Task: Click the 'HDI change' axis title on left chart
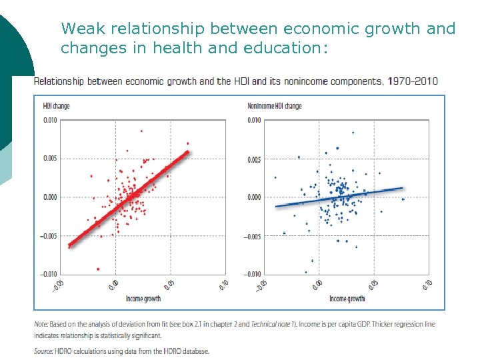(x=56, y=106)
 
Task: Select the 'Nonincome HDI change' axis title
(x=275, y=106)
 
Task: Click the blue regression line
(x=340, y=197)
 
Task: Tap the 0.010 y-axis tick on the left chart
(x=50, y=120)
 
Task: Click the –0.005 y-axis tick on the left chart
(x=49, y=236)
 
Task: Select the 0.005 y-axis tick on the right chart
(x=254, y=159)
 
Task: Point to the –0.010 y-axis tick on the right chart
(x=253, y=274)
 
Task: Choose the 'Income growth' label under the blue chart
(x=347, y=299)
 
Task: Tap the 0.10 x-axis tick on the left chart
(x=223, y=285)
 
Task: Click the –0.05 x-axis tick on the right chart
(x=261, y=286)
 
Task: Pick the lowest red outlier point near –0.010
(x=99, y=269)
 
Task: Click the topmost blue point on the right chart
(x=353, y=132)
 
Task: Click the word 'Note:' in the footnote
(x=41, y=325)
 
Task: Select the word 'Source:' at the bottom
(x=45, y=351)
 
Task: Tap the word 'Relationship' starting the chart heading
(x=58, y=81)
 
